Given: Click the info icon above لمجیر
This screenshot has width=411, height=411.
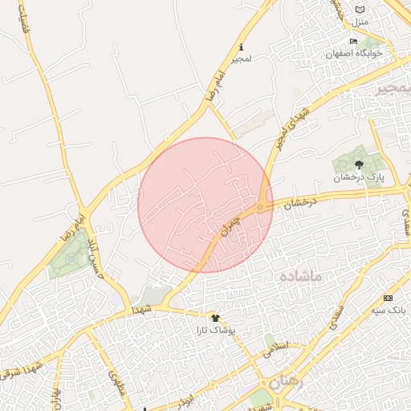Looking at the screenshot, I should pos(242,47).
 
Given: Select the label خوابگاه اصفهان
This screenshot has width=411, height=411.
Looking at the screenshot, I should pos(354,53).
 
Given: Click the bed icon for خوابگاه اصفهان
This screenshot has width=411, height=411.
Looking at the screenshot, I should pos(354,42).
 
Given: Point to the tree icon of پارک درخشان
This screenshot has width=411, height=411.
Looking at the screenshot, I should pos(359,165).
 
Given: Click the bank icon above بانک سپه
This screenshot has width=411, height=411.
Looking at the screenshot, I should pos(389,298).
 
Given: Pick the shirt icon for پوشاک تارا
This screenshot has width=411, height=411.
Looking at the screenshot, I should pos(214,318).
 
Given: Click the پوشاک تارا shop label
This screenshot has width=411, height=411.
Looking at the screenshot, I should pos(215,329).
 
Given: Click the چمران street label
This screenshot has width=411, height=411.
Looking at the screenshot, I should pos(230,226).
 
